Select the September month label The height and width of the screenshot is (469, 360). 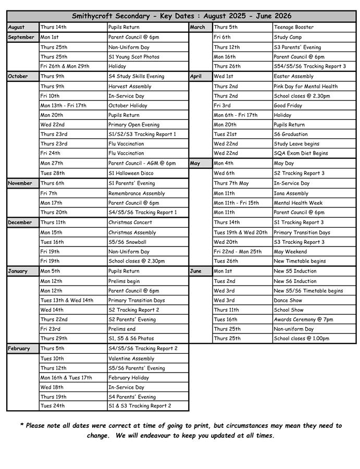pos(21,37)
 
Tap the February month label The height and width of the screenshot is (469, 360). pos(20,349)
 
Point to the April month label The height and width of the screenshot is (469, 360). pos(196,76)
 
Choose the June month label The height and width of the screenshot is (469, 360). pos(196,271)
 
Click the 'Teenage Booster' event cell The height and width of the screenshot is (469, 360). pos(294,27)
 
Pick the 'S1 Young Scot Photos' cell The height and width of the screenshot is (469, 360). pos(134,57)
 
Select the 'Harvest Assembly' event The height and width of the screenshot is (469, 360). pos(130,87)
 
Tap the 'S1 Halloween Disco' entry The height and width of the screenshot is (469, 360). pos(131,173)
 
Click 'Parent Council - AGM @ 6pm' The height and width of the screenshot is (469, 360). pos(142,163)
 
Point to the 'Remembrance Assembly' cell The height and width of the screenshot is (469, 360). pos(136,193)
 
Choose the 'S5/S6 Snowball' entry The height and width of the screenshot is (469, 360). pos(127,242)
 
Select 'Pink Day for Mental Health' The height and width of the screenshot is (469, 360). pos(306,87)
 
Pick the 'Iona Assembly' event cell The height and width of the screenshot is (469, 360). pos(291,193)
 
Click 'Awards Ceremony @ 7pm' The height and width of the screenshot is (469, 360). pos(303,319)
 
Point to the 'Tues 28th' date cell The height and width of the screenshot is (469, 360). pos(53,173)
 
